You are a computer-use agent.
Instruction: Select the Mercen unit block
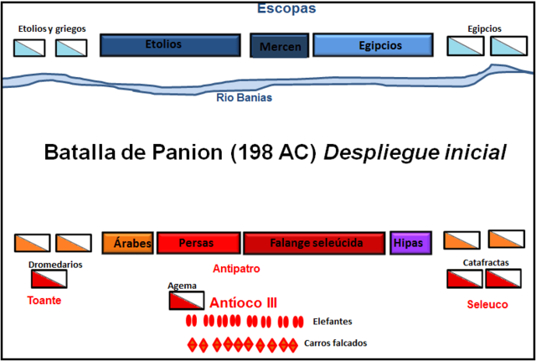[281, 46]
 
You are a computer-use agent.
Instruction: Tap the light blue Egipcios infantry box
[373, 45]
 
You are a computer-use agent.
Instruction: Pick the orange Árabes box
[126, 243]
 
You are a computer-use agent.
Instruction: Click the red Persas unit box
[198, 243]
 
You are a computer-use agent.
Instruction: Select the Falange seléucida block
[315, 243]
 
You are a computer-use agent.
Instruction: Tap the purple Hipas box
[408, 243]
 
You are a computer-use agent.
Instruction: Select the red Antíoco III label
[244, 302]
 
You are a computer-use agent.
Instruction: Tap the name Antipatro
[237, 269]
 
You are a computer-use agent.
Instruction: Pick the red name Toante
[44, 299]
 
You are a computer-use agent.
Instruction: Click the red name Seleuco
[487, 304]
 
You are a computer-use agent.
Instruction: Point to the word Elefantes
[332, 321]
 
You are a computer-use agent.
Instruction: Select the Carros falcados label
[336, 343]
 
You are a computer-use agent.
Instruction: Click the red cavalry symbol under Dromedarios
[49, 280]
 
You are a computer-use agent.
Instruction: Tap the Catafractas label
[486, 262]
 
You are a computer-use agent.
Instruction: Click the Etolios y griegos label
[51, 29]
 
